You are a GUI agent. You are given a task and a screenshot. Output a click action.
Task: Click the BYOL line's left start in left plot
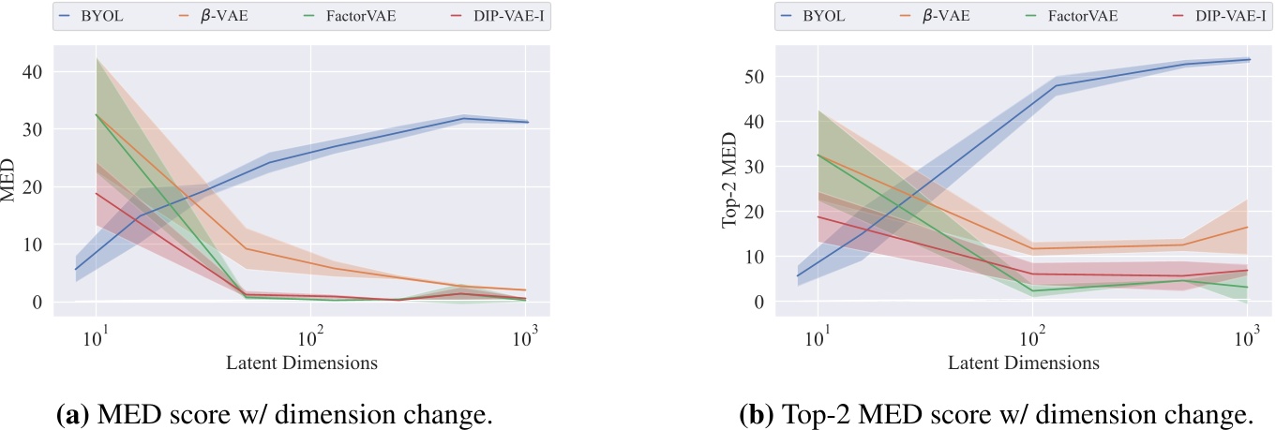click(x=75, y=270)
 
